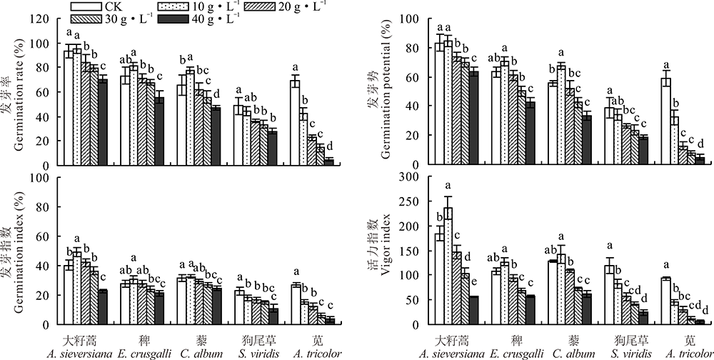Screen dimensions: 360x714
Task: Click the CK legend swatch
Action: (x=84, y=6)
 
